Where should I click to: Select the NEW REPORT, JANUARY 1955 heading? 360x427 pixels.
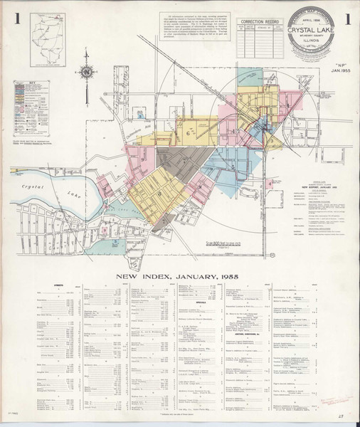tap(317, 186)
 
